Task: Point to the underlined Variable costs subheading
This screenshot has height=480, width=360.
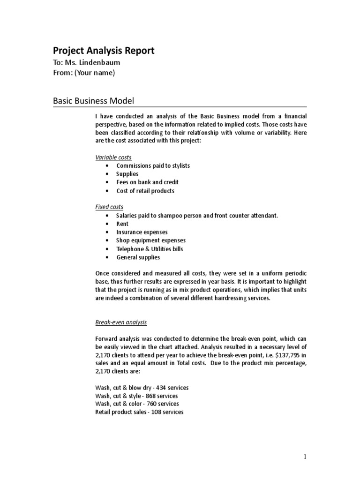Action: pyautogui.click(x=113, y=157)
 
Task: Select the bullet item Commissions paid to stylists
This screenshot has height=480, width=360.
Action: pyautogui.click(x=153, y=165)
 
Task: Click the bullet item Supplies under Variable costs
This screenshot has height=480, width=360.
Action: pyautogui.click(x=128, y=174)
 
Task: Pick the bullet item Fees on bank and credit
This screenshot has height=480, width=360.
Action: pyautogui.click(x=147, y=182)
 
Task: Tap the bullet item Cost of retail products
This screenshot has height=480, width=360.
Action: pyautogui.click(x=145, y=191)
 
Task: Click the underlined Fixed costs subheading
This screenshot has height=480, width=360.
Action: pyautogui.click(x=109, y=207)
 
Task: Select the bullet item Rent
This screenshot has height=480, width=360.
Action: pyautogui.click(x=122, y=224)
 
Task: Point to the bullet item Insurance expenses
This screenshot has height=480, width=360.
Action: pyautogui.click(x=142, y=232)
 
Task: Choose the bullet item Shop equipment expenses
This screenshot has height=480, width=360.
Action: pyautogui.click(x=151, y=240)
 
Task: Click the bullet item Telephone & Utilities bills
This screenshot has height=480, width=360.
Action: pyautogui.click(x=150, y=249)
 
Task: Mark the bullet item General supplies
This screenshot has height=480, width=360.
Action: pyautogui.click(x=138, y=257)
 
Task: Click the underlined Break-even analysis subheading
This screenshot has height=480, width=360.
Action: pyautogui.click(x=121, y=322)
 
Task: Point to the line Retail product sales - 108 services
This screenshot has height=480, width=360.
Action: pyautogui.click(x=139, y=412)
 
